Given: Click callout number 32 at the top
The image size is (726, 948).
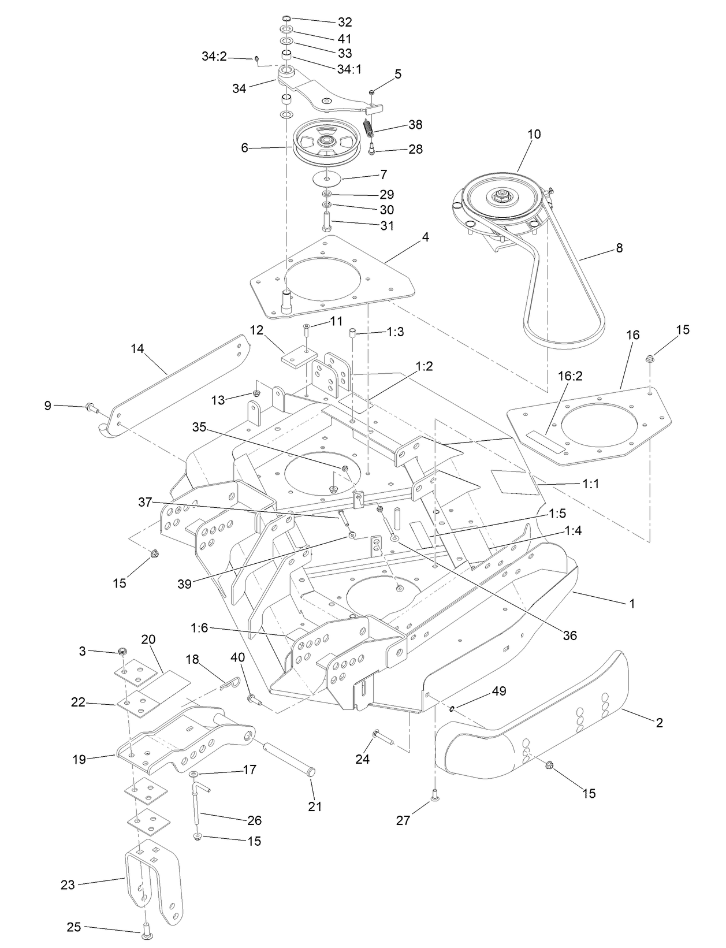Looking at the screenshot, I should (345, 23).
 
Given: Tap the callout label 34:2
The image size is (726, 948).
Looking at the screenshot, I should (214, 57).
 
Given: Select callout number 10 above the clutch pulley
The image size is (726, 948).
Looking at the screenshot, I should (534, 134).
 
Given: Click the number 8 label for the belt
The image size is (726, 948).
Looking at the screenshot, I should (619, 248).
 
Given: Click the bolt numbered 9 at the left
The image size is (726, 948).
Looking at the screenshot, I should (91, 407).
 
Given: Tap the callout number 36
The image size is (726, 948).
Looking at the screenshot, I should (569, 635).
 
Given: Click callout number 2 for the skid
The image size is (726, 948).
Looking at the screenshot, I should (659, 722).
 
